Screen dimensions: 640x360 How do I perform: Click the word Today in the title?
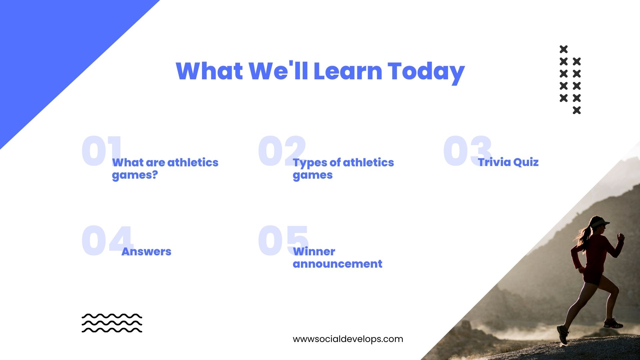[426, 72]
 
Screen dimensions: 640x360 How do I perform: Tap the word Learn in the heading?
[348, 71]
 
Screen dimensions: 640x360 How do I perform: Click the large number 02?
[282, 151]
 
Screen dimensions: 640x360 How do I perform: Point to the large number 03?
[467, 151]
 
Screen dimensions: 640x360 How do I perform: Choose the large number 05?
[283, 240]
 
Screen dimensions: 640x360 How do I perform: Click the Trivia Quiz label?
[508, 162]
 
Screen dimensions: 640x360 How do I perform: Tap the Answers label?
[146, 252]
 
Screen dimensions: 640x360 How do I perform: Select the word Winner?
[314, 252]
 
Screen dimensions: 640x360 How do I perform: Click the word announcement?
[337, 264]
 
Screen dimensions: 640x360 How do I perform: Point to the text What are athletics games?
[165, 169]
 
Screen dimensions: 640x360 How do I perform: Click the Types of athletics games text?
[343, 169]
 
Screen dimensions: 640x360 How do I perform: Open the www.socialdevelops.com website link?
[348, 339]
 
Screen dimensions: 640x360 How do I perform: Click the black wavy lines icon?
[112, 323]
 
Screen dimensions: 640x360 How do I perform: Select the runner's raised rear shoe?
[613, 323]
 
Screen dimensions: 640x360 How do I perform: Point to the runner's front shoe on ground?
[563, 334]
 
